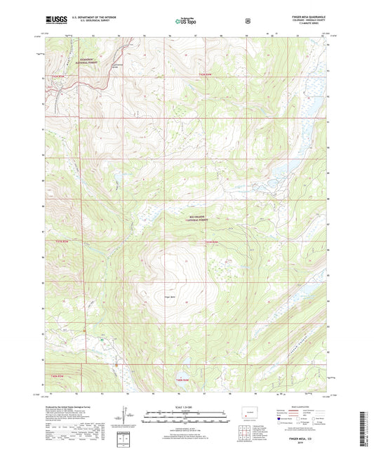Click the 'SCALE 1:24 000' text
point(186,406)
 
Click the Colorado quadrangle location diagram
point(251,412)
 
